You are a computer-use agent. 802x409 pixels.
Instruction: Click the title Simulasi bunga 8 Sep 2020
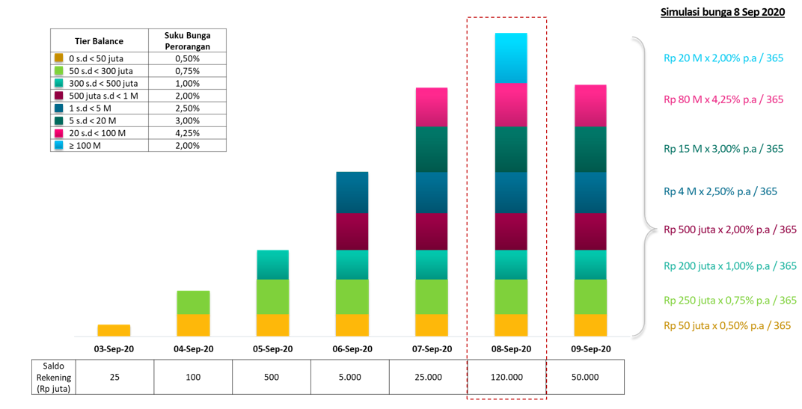[722, 13]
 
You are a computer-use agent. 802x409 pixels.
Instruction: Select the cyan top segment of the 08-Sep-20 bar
[510, 58]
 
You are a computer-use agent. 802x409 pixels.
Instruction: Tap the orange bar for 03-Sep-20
[114, 330]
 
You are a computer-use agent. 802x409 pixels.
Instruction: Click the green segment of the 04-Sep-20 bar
[193, 302]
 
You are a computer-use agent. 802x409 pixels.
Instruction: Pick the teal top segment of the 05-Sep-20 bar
[272, 265]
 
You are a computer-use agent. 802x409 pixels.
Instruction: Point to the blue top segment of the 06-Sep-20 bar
[352, 192]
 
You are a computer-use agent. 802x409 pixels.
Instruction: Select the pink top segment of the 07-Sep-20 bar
[431, 107]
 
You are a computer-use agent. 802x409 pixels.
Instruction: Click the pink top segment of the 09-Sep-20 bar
[590, 105]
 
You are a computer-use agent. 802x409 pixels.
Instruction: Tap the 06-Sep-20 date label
[352, 349]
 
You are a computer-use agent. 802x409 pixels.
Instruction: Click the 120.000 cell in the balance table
[506, 377]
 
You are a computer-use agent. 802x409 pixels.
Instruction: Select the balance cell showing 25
[114, 377]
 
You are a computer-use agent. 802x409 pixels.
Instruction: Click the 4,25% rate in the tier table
[187, 133]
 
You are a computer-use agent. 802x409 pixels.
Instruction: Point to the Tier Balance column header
[99, 41]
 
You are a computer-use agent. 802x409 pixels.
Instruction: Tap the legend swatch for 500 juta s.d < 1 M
[58, 96]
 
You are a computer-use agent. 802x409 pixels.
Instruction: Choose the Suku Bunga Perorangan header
[187, 40]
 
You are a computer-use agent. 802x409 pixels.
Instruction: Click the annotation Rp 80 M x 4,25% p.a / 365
[723, 99]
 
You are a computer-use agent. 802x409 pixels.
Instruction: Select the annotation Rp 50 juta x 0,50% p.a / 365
[726, 325]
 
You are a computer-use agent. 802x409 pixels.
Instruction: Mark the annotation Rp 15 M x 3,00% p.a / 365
[723, 149]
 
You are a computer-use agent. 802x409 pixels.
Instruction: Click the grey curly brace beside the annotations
[641, 187]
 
